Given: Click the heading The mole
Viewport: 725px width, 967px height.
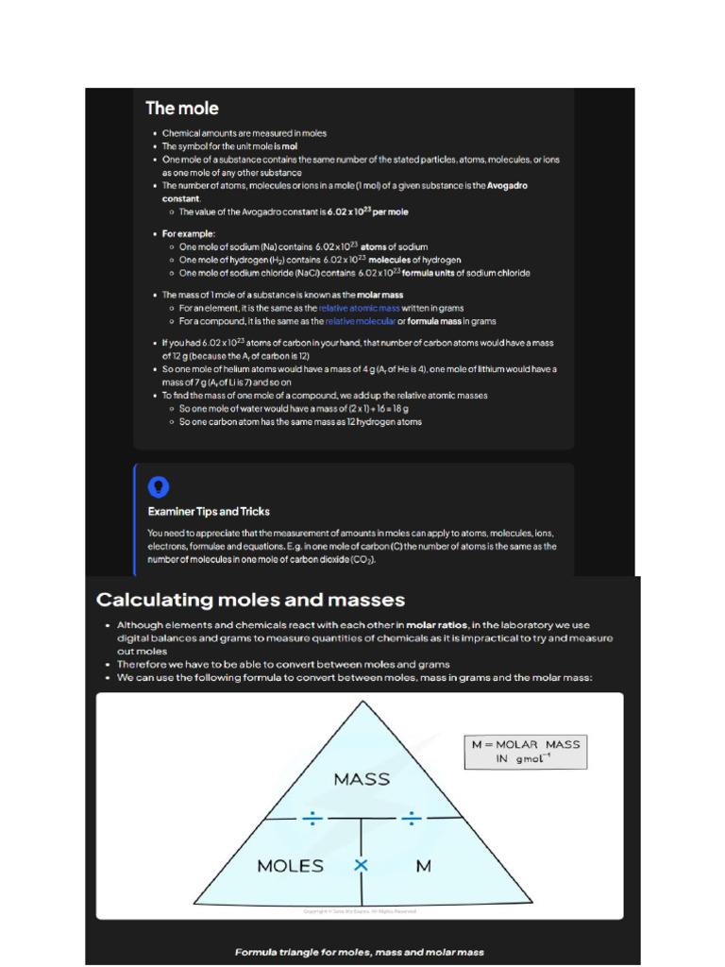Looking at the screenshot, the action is point(182,109).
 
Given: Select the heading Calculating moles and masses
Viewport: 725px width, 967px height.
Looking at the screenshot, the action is point(250,600).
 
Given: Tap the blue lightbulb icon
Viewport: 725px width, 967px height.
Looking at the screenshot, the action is point(159,486).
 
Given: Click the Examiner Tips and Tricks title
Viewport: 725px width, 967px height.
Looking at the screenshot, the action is point(209,512).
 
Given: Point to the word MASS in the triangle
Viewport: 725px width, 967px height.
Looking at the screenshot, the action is point(362,779).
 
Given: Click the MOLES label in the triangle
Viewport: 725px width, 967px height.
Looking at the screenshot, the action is point(291,865).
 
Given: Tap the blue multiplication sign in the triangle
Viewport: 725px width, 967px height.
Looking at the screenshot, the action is point(361,865).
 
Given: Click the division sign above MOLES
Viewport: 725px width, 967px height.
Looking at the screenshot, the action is point(312,819).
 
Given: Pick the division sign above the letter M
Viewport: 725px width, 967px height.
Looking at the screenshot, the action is point(410,819).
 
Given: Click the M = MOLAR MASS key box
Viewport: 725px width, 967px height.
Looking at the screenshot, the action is point(525,752).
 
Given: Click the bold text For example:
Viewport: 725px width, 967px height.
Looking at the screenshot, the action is point(189,233).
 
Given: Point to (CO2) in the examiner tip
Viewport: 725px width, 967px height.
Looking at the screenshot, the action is point(361,559).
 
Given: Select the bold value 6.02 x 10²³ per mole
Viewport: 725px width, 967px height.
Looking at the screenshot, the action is point(366,212).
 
